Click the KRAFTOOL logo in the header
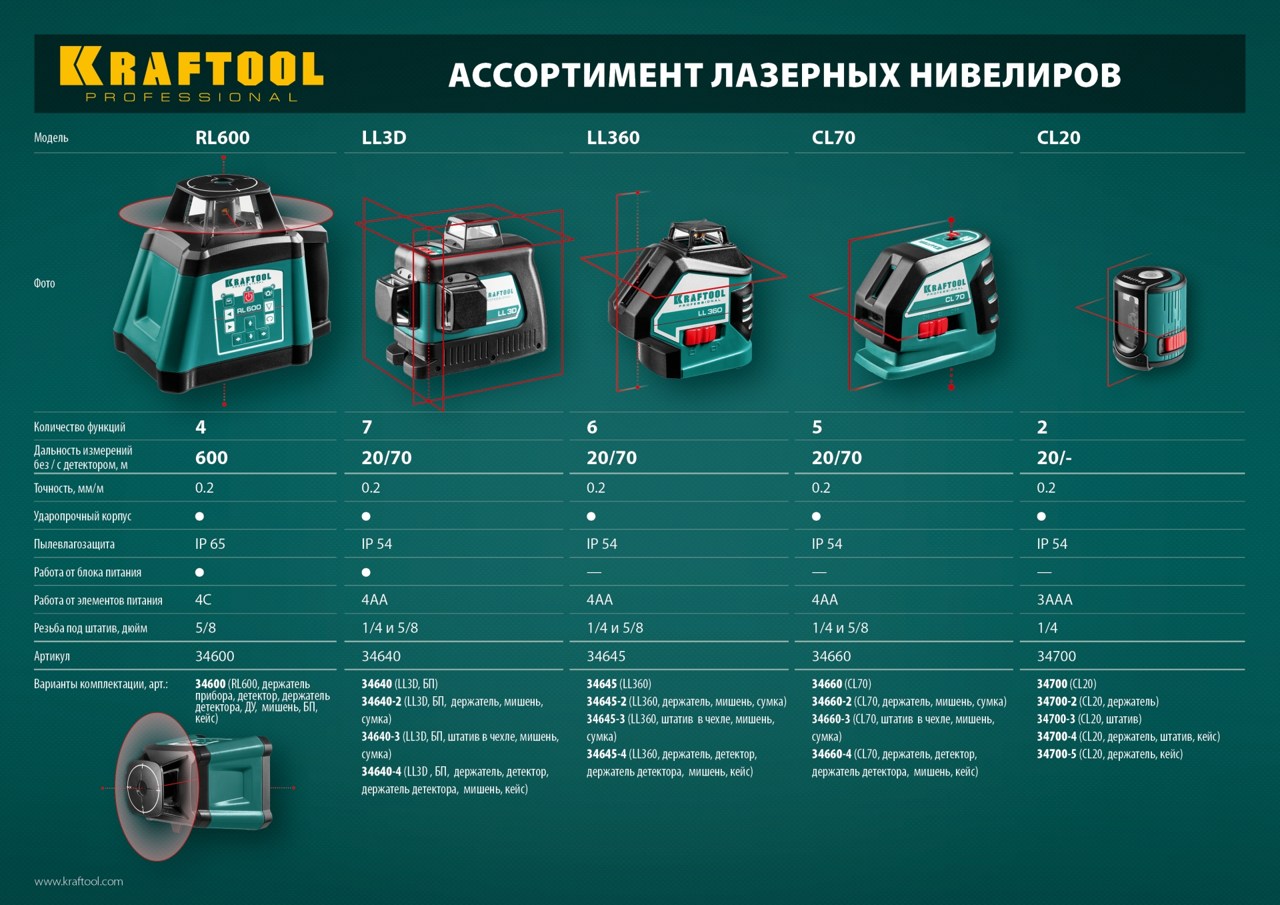[191, 73]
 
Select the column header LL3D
[384, 137]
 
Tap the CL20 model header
[1058, 137]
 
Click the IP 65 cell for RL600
[210, 544]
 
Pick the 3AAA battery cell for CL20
[1054, 600]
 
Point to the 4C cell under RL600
[203, 600]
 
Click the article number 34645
[605, 656]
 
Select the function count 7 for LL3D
[367, 427]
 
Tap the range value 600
[211, 458]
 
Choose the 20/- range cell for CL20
[1054, 458]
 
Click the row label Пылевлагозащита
[74, 544]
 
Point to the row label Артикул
[52, 656]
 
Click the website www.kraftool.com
[79, 881]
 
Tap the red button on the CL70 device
[933, 328]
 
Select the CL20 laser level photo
[1149, 318]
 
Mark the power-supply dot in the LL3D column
[366, 572]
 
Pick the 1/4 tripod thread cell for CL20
[1047, 628]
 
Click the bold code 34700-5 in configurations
[1056, 754]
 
